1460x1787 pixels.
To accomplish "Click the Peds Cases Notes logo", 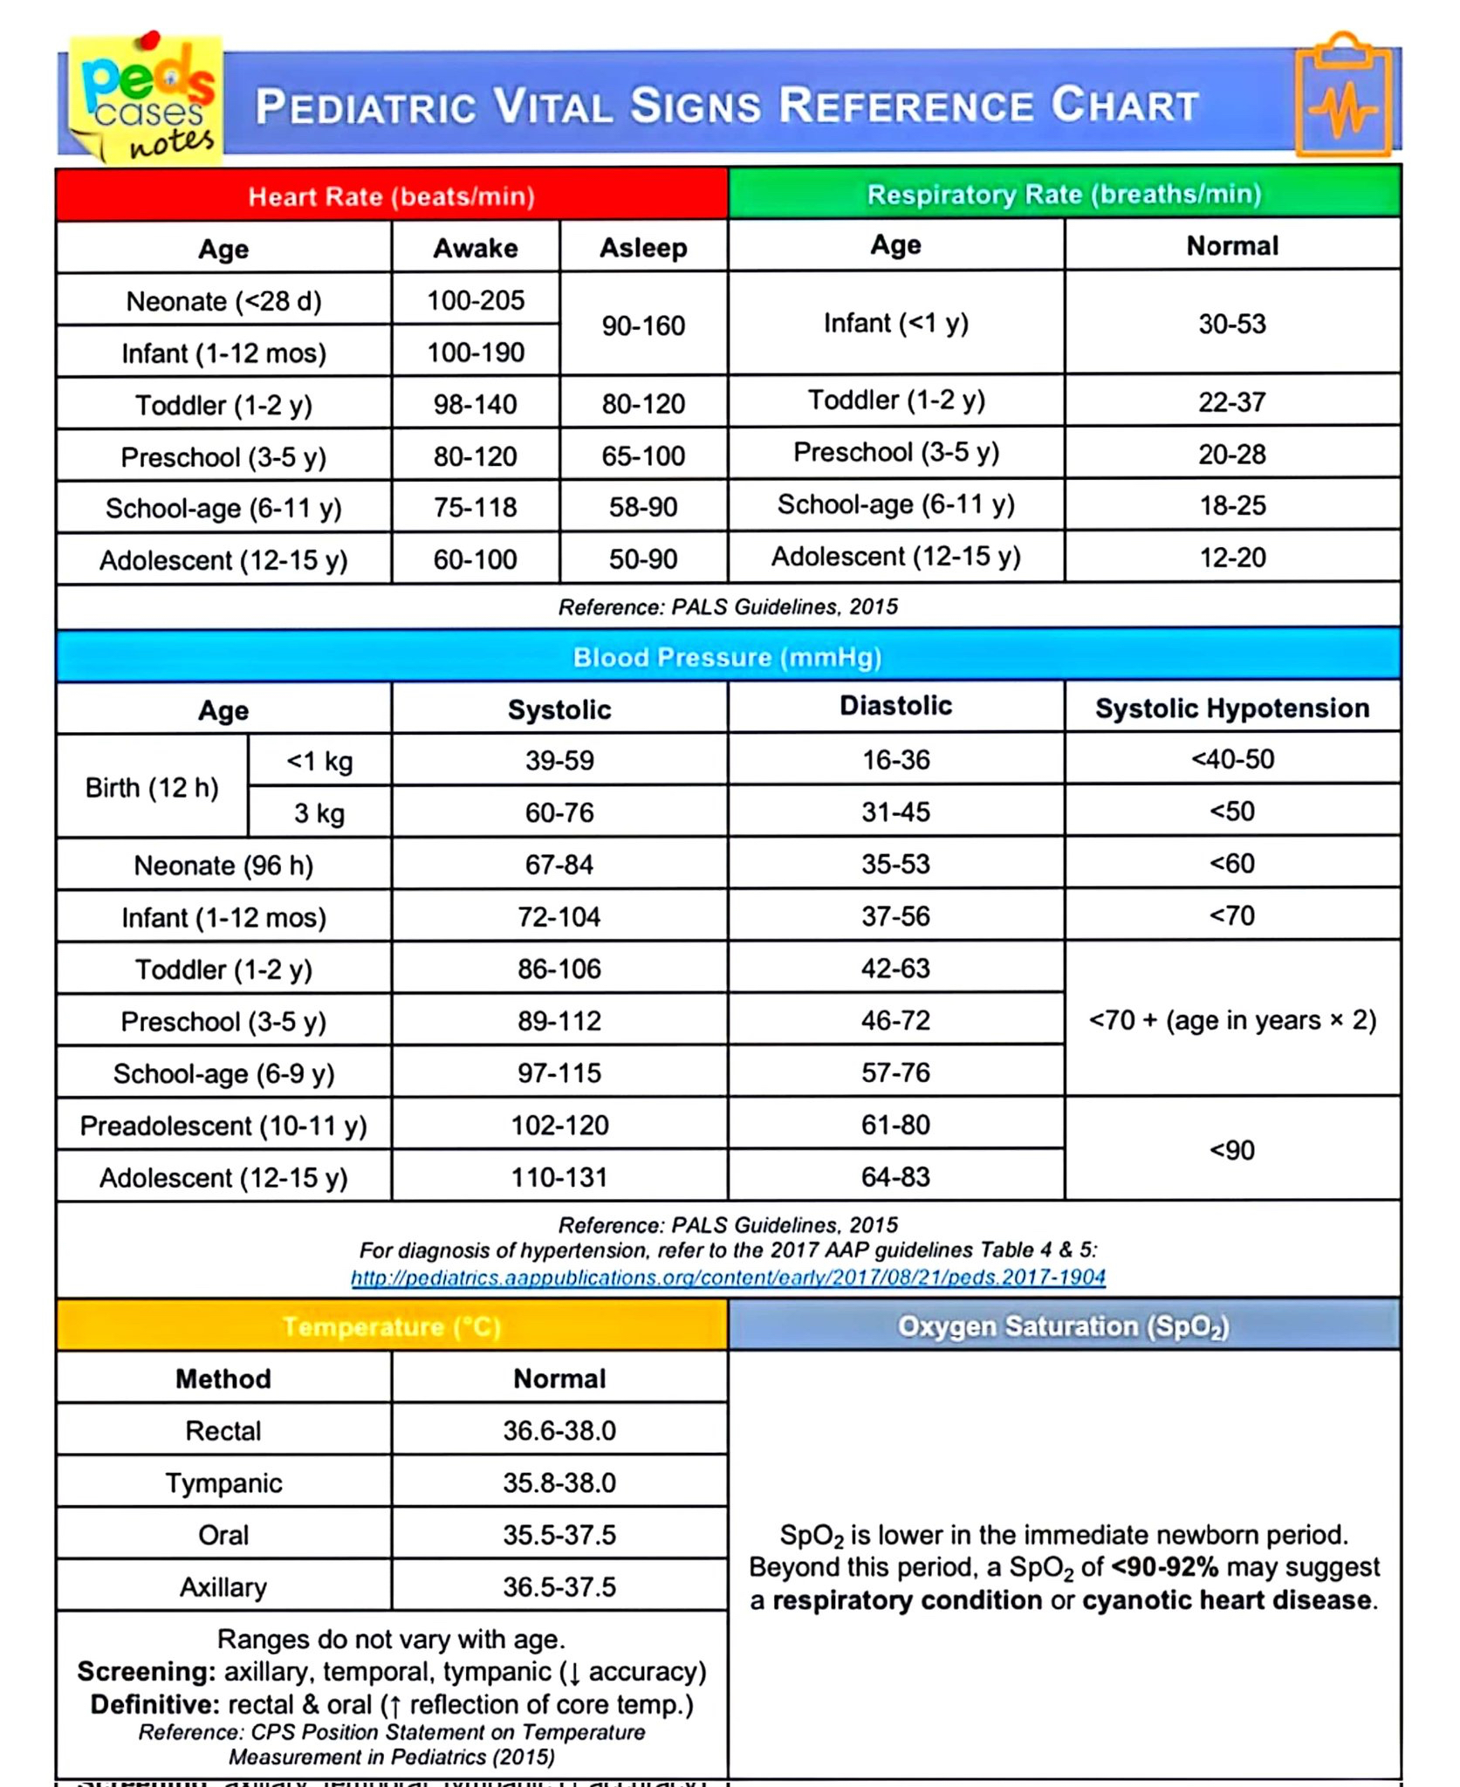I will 147,98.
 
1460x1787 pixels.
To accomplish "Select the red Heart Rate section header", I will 391,195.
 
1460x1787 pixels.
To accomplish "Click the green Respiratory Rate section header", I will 1064,194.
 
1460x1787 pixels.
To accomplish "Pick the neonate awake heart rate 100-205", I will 476,300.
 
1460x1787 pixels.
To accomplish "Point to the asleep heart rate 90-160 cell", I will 643,325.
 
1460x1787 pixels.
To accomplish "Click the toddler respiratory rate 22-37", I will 1231,401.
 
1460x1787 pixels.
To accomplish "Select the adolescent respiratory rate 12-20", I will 1231,557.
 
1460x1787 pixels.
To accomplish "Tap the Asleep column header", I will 643,248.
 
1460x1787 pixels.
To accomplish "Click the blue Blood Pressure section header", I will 727,657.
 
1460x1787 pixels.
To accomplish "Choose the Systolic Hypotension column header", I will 1231,708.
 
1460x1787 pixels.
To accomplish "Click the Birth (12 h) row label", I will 152,787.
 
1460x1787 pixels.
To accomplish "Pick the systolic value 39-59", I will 559,760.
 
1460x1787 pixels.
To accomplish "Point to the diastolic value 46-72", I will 895,1020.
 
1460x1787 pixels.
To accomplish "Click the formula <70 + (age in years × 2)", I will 1231,1020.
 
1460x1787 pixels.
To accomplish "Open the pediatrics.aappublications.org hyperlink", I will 728,1277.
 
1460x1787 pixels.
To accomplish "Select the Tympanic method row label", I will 223,1482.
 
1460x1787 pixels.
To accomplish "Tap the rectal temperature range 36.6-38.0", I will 559,1430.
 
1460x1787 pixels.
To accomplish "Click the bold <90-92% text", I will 1164,1567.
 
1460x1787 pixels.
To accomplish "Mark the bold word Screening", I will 146,1671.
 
